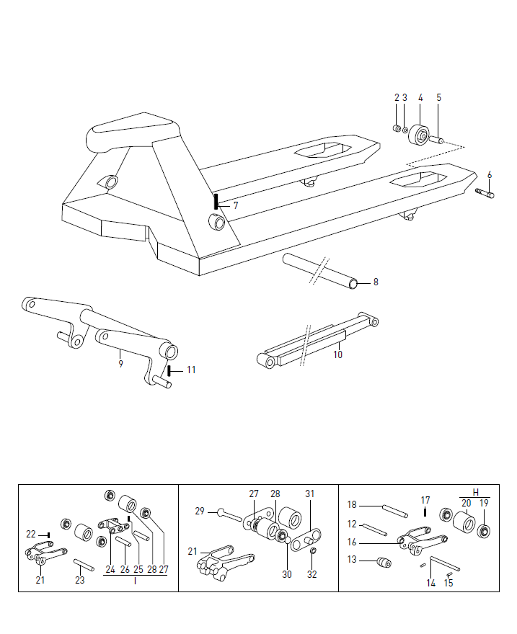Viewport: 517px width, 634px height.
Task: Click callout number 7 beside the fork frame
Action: point(235,205)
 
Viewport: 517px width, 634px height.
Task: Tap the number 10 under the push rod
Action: point(338,354)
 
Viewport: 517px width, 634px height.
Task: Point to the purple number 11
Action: point(191,370)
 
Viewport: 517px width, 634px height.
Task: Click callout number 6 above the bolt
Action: point(490,174)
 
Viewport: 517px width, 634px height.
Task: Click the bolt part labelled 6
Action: point(485,193)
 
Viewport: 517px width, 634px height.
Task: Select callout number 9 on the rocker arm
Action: point(120,364)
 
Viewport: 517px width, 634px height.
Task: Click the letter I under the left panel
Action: point(135,580)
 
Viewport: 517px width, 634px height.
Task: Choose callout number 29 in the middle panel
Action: point(200,512)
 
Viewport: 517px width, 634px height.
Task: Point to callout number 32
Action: point(311,574)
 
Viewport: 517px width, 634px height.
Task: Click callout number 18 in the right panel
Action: point(352,504)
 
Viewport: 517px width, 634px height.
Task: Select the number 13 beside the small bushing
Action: point(352,560)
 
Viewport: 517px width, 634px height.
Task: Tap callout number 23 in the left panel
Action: point(79,580)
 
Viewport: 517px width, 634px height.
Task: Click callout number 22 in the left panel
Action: point(30,535)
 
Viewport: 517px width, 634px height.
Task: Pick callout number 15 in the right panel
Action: point(448,583)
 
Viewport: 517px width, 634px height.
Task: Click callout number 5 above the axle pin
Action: point(438,97)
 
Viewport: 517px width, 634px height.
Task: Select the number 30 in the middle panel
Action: point(287,574)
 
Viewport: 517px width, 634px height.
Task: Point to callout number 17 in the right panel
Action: point(425,500)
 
